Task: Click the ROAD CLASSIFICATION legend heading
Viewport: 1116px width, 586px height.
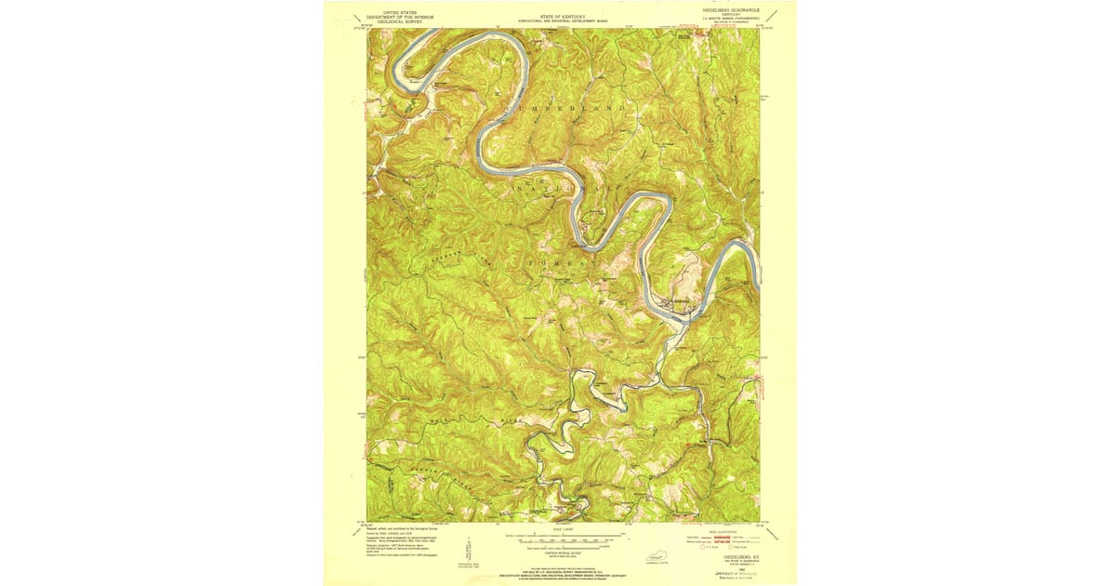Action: click(x=728, y=531)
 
